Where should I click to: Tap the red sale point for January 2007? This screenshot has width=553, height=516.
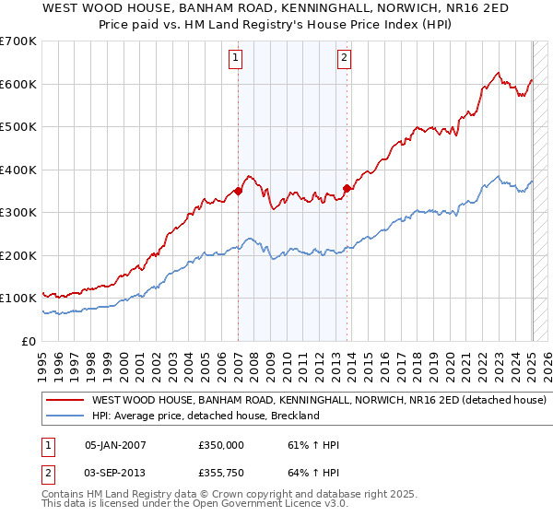pyautogui.click(x=238, y=192)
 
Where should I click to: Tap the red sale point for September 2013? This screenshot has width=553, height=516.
pyautogui.click(x=347, y=189)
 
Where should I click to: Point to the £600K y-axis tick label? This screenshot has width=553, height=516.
pyautogui.click(x=18, y=84)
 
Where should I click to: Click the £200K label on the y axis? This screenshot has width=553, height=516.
pyautogui.click(x=18, y=255)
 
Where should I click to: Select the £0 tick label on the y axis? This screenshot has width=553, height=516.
pyautogui.click(x=28, y=341)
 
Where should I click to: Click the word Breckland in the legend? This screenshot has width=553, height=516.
pyautogui.click(x=294, y=416)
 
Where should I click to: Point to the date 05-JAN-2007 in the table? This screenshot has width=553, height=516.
pyautogui.click(x=115, y=445)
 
